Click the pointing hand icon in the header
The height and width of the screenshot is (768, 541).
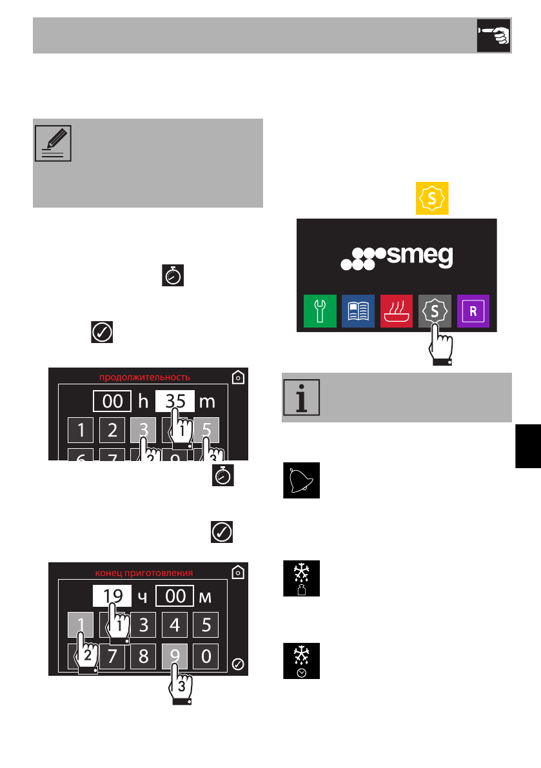[493, 35]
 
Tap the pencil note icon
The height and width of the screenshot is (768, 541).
[52, 143]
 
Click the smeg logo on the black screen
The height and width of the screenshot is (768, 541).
[397, 257]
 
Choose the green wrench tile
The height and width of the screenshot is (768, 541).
[320, 311]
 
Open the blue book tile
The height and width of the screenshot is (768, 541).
[359, 311]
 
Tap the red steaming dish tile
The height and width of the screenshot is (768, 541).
[397, 311]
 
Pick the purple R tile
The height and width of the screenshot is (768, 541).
[473, 311]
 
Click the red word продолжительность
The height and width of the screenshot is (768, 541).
[144, 377]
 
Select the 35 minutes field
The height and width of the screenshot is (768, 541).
[175, 401]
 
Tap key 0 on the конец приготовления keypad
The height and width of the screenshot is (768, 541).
[206, 656]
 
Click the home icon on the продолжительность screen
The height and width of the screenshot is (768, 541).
[238, 377]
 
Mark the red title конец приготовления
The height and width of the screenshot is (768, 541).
[144, 572]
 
